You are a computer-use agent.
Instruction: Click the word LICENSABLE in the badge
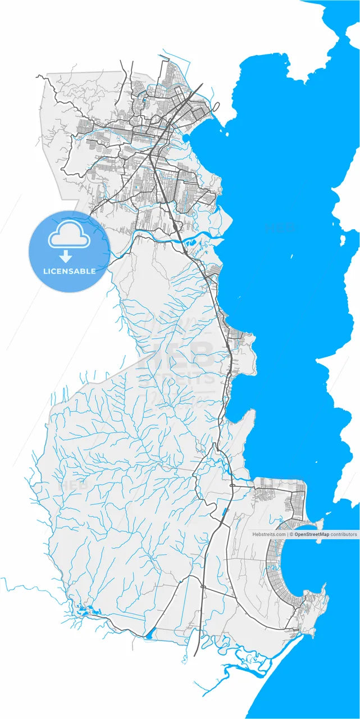click(x=69, y=271)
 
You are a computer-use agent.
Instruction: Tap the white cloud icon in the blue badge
click(x=69, y=238)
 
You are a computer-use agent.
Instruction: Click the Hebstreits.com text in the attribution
click(x=269, y=534)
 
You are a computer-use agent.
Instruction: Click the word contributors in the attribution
click(x=344, y=534)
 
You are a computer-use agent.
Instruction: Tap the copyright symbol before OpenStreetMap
click(x=291, y=534)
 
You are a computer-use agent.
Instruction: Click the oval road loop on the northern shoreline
click(x=216, y=106)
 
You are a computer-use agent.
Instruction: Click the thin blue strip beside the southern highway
click(x=225, y=512)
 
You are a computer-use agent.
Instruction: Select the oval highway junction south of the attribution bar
click(x=202, y=587)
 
